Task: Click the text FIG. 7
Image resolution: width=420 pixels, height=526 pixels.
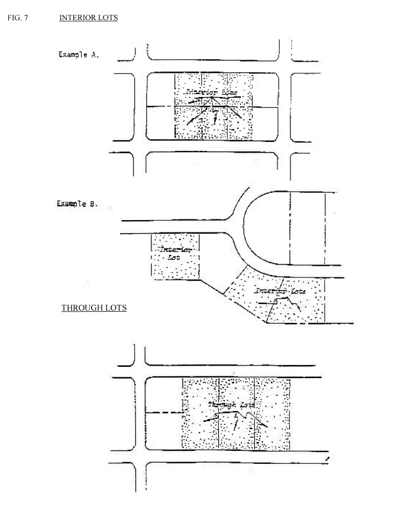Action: tap(18, 18)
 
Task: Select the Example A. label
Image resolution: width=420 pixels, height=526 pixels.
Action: tap(78, 54)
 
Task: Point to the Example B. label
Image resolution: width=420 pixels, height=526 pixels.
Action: tap(77, 204)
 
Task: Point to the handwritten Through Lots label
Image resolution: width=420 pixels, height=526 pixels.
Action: tap(231, 405)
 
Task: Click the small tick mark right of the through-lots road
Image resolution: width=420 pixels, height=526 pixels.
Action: tap(327, 458)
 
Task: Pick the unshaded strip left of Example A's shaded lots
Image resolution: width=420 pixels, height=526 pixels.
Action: tap(160, 89)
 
